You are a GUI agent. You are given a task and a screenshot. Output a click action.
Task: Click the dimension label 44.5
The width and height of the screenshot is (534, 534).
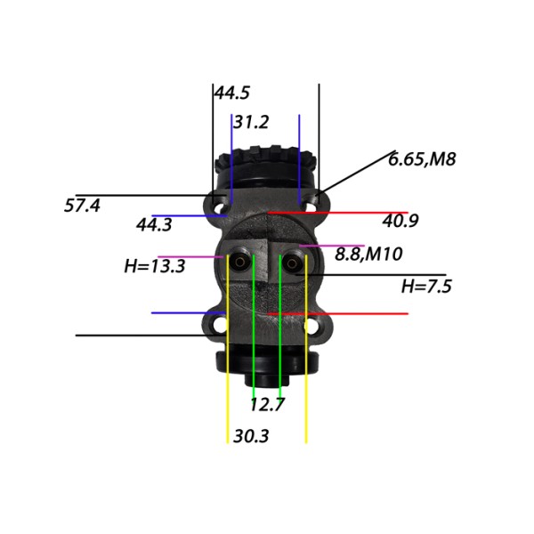click(x=232, y=93)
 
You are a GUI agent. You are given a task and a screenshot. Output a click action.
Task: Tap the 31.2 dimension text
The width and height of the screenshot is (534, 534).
click(x=251, y=122)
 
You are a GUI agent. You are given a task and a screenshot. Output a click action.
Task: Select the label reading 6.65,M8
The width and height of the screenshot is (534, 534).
click(x=422, y=159)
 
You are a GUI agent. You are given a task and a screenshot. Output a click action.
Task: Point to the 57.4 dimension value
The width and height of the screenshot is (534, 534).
click(x=82, y=206)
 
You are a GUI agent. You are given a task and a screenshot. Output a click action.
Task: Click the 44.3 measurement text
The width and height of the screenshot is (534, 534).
click(x=154, y=225)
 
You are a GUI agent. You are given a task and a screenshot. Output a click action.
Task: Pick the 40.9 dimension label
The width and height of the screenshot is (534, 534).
click(x=400, y=221)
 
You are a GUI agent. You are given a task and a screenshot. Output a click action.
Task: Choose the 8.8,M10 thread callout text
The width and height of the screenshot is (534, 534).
click(x=368, y=254)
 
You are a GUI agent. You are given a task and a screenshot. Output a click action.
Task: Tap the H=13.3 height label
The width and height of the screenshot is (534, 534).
click(x=155, y=266)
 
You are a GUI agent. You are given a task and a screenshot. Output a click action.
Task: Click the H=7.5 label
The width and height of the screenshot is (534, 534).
click(x=426, y=287)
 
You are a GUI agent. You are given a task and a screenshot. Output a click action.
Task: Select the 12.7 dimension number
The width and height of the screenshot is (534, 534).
click(x=267, y=405)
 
